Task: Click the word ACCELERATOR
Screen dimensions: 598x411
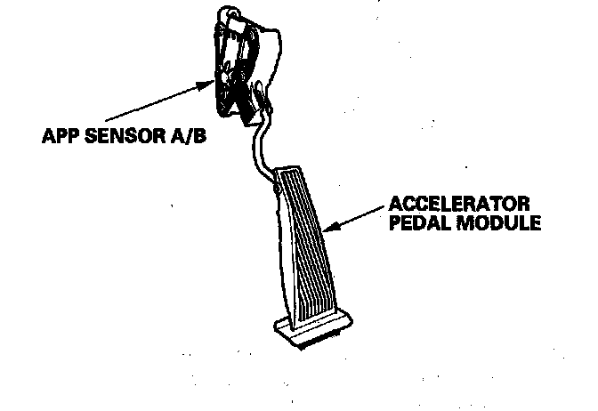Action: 463,204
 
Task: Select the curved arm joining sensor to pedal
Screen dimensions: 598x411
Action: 260,147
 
